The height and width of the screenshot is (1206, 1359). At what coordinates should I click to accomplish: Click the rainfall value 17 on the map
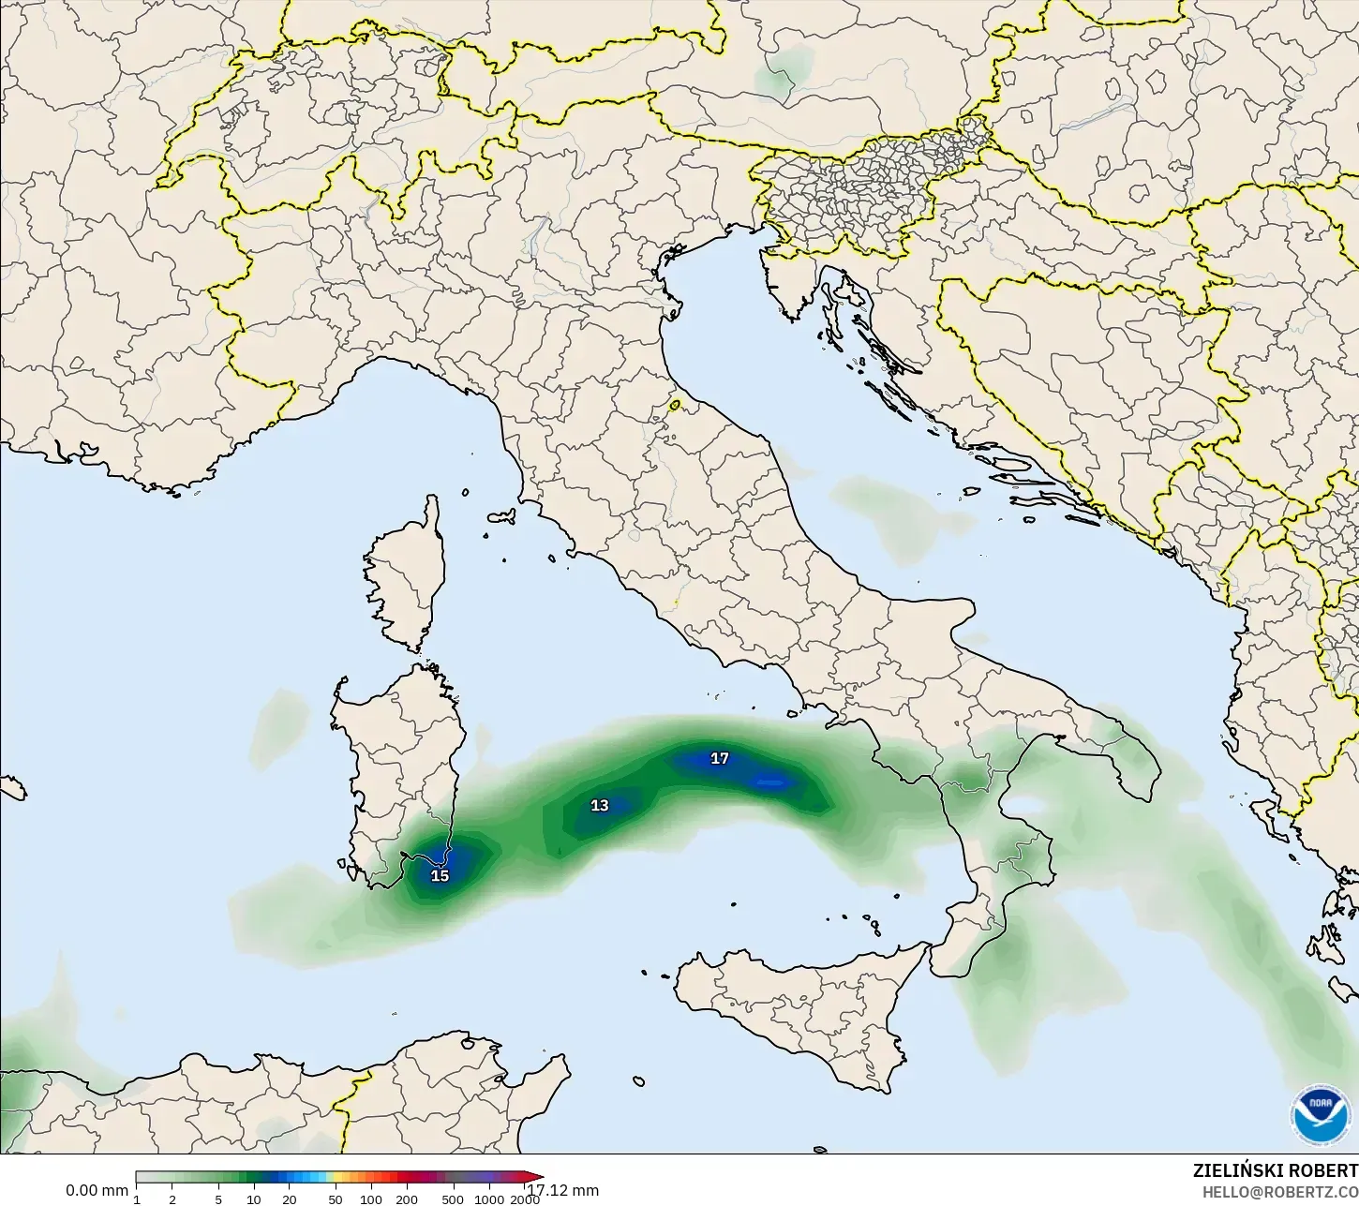point(719,758)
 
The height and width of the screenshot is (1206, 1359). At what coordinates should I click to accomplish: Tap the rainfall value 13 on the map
point(599,805)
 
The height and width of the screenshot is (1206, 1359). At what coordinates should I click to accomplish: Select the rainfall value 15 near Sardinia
point(440,876)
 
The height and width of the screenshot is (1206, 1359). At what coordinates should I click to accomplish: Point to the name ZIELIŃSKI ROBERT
point(1275,1170)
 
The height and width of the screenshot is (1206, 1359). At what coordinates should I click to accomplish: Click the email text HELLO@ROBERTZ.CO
point(1280,1192)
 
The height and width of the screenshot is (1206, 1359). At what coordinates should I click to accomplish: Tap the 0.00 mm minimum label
point(97,1190)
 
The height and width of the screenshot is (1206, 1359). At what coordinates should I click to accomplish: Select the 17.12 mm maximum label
point(563,1190)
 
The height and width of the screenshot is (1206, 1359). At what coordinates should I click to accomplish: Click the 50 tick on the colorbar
point(335,1199)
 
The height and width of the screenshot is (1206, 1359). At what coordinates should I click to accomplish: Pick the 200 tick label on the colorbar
point(407,1199)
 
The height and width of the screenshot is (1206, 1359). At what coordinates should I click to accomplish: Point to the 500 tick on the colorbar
point(453,1199)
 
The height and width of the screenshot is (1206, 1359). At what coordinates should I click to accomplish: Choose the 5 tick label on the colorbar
point(218,1199)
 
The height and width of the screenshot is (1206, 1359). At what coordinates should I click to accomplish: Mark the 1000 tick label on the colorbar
point(489,1199)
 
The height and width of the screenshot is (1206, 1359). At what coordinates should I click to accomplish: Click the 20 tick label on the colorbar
point(289,1199)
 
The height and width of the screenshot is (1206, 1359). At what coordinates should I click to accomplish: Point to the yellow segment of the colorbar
point(339,1177)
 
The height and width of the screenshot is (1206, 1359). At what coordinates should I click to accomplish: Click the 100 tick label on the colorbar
point(371,1199)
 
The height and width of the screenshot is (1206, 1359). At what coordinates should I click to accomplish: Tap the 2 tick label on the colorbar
point(172,1199)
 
